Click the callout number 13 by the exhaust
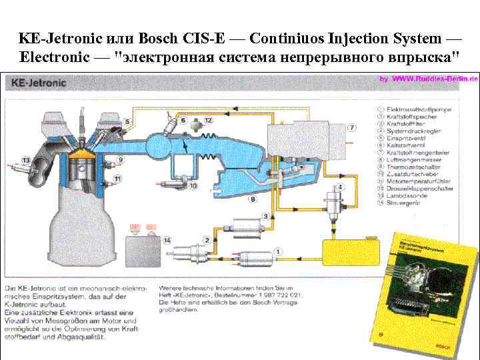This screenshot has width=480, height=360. [x=25, y=160]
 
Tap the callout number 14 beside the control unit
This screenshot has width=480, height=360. [x=167, y=240]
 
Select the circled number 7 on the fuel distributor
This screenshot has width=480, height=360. [x=352, y=127]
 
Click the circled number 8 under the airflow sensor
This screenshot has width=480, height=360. [x=253, y=199]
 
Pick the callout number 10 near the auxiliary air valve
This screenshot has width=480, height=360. [x=193, y=186]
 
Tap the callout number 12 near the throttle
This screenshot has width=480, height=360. [x=208, y=121]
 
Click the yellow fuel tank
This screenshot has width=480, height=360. [x=351, y=253]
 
